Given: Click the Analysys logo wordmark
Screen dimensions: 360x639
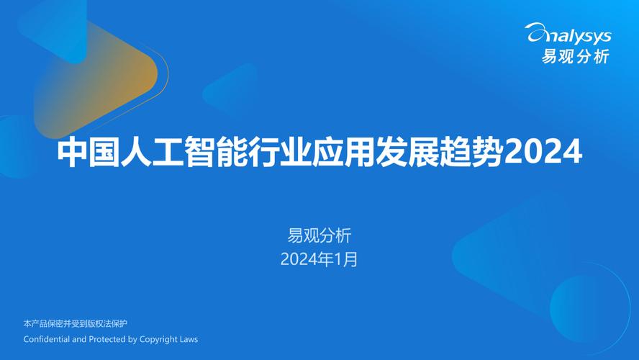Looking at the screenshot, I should [x=569, y=34].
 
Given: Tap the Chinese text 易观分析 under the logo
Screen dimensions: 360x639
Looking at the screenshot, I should [x=576, y=56].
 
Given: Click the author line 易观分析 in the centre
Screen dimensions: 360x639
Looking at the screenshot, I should [x=319, y=235].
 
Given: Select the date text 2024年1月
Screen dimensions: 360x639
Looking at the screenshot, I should [x=319, y=259].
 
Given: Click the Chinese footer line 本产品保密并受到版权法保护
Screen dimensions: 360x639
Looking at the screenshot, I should [x=76, y=323].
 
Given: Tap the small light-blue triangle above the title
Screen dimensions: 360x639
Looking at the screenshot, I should [x=234, y=90].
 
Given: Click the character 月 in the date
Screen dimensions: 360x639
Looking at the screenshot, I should [x=350, y=259].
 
